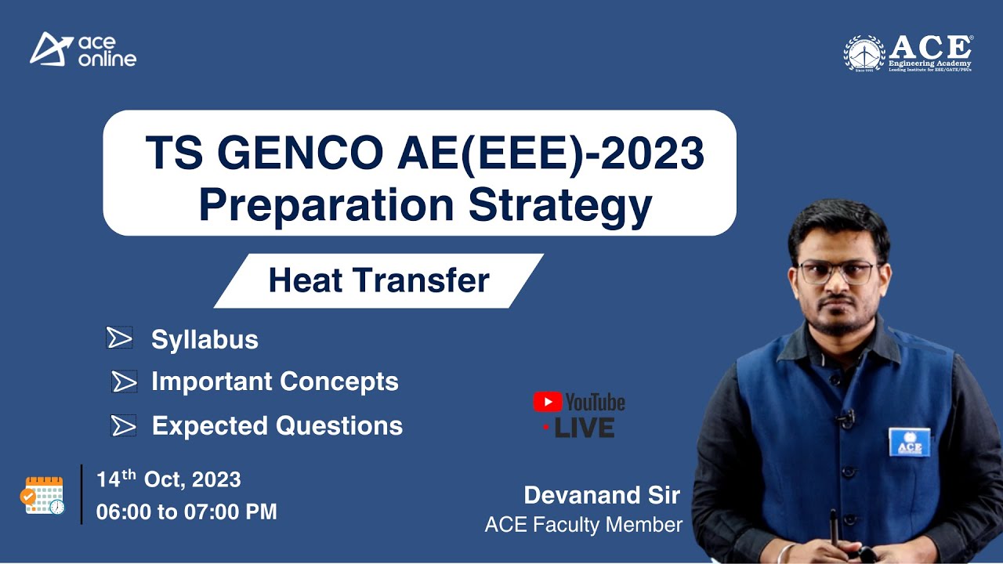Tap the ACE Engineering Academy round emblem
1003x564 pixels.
tap(864, 53)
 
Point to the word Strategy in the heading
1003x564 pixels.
tap(560, 204)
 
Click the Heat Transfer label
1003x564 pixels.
tap(378, 280)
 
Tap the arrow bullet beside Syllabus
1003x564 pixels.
tap(119, 338)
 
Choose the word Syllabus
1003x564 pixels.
tap(205, 340)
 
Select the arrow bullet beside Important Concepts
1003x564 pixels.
tap(124, 381)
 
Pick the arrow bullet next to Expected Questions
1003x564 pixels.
tap(124, 425)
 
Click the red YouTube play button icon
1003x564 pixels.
tap(547, 403)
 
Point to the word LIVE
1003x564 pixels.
tap(584, 428)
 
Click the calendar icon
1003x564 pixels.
tap(45, 495)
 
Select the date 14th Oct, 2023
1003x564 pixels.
tap(168, 479)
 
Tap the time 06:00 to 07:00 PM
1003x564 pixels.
tap(186, 512)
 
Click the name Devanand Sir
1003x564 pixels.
tap(602, 495)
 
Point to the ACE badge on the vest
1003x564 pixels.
tap(910, 443)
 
